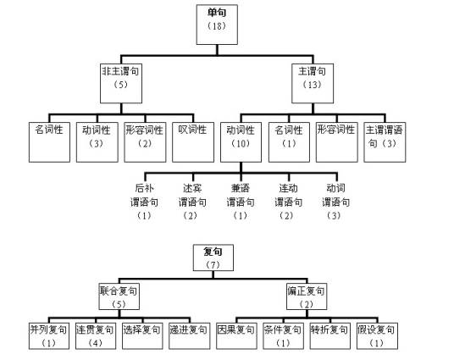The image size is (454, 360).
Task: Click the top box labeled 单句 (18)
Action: (217, 25)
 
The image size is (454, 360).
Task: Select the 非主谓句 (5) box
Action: (121, 83)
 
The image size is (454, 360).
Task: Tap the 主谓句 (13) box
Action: (313, 83)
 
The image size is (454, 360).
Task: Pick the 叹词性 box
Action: (193, 142)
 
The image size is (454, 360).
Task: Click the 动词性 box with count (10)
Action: (241, 142)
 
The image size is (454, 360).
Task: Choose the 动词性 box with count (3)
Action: (97, 142)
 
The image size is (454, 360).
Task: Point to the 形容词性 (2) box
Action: (145, 142)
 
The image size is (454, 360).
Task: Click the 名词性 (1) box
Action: (289, 142)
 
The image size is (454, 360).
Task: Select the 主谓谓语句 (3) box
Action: (385, 142)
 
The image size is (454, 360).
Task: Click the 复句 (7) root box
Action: (213, 258)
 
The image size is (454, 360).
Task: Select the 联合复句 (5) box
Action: (119, 296)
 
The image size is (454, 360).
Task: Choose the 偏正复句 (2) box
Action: (307, 296)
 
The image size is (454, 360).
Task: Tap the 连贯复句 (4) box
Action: (96, 336)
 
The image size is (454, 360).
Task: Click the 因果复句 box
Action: (236, 336)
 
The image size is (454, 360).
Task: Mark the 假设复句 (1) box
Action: (377, 336)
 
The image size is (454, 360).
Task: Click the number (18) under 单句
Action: (217, 26)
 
